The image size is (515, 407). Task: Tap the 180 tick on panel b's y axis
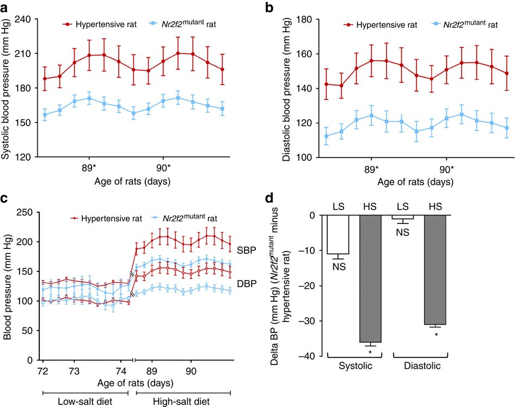click(x=308, y=20)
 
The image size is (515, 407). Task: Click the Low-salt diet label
click(x=85, y=402)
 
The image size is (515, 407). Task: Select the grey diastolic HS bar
click(x=435, y=270)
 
